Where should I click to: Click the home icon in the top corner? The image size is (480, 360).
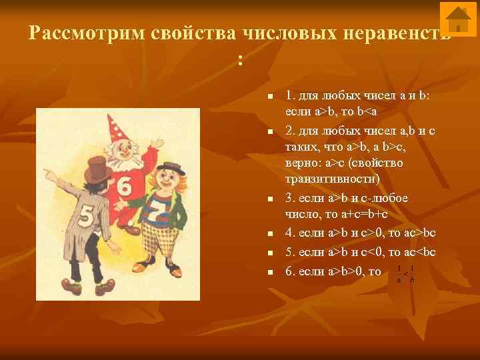click(459, 19)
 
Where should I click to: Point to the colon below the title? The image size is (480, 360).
click(241, 61)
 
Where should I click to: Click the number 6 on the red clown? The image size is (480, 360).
click(124, 187)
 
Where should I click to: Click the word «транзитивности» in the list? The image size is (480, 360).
click(324, 179)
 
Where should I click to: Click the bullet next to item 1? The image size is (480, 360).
click(270, 98)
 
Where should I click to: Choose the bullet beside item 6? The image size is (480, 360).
click(270, 272)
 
